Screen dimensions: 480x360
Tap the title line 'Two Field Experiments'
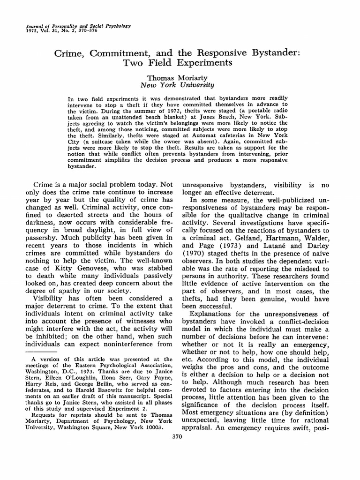[x=179, y=63]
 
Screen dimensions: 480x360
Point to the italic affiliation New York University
[x=178, y=85]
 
